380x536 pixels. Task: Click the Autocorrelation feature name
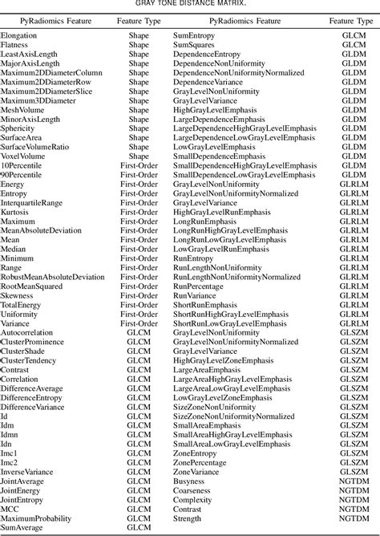(27, 331)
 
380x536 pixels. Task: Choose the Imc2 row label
(10, 463)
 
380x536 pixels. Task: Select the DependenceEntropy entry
(209, 55)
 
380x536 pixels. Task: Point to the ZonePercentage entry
(202, 463)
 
